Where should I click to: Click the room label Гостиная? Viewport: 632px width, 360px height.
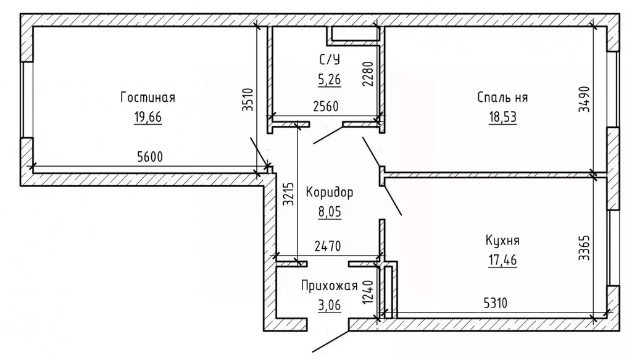pos(148,98)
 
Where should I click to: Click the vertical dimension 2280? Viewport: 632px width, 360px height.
pos(368,74)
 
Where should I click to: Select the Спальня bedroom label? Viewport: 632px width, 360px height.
pos(502,98)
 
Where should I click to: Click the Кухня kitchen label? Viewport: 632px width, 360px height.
pos(501,240)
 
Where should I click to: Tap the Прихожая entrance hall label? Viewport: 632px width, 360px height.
pos(330,285)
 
